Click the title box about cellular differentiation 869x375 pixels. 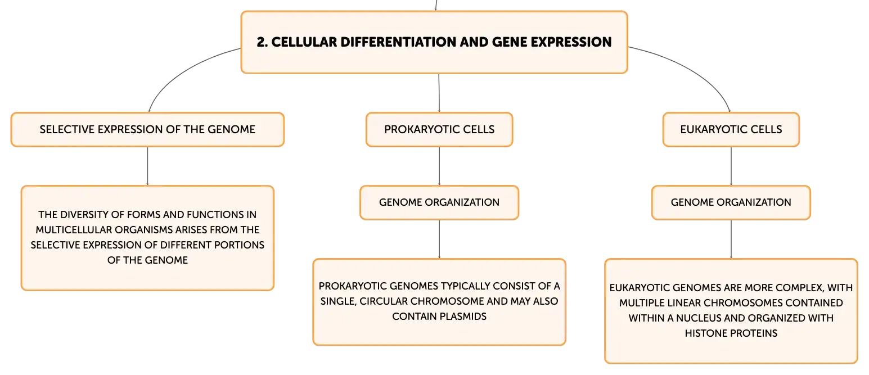[434, 42]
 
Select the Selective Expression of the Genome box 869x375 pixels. [147, 129]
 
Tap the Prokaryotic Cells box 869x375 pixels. [439, 129]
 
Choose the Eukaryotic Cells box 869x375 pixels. [731, 129]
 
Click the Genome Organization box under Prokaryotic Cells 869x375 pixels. [439, 202]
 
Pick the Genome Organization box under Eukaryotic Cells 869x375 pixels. [731, 202]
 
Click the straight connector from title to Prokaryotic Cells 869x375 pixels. [439, 93]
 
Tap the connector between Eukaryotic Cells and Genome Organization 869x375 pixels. [731, 166]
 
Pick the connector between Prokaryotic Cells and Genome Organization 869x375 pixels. [439, 166]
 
